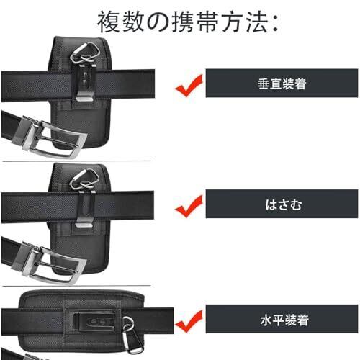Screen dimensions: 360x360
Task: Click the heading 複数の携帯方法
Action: (188, 22)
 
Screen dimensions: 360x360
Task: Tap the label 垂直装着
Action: (282, 84)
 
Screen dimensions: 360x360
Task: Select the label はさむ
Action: (283, 204)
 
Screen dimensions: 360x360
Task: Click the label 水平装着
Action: (284, 320)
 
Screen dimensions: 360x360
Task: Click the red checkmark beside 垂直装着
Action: (189, 86)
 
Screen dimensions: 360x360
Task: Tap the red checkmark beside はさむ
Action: (189, 207)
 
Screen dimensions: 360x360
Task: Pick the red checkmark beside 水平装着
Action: (189, 322)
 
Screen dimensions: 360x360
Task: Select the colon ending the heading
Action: (275, 24)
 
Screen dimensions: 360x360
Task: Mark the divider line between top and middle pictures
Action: (76, 161)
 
